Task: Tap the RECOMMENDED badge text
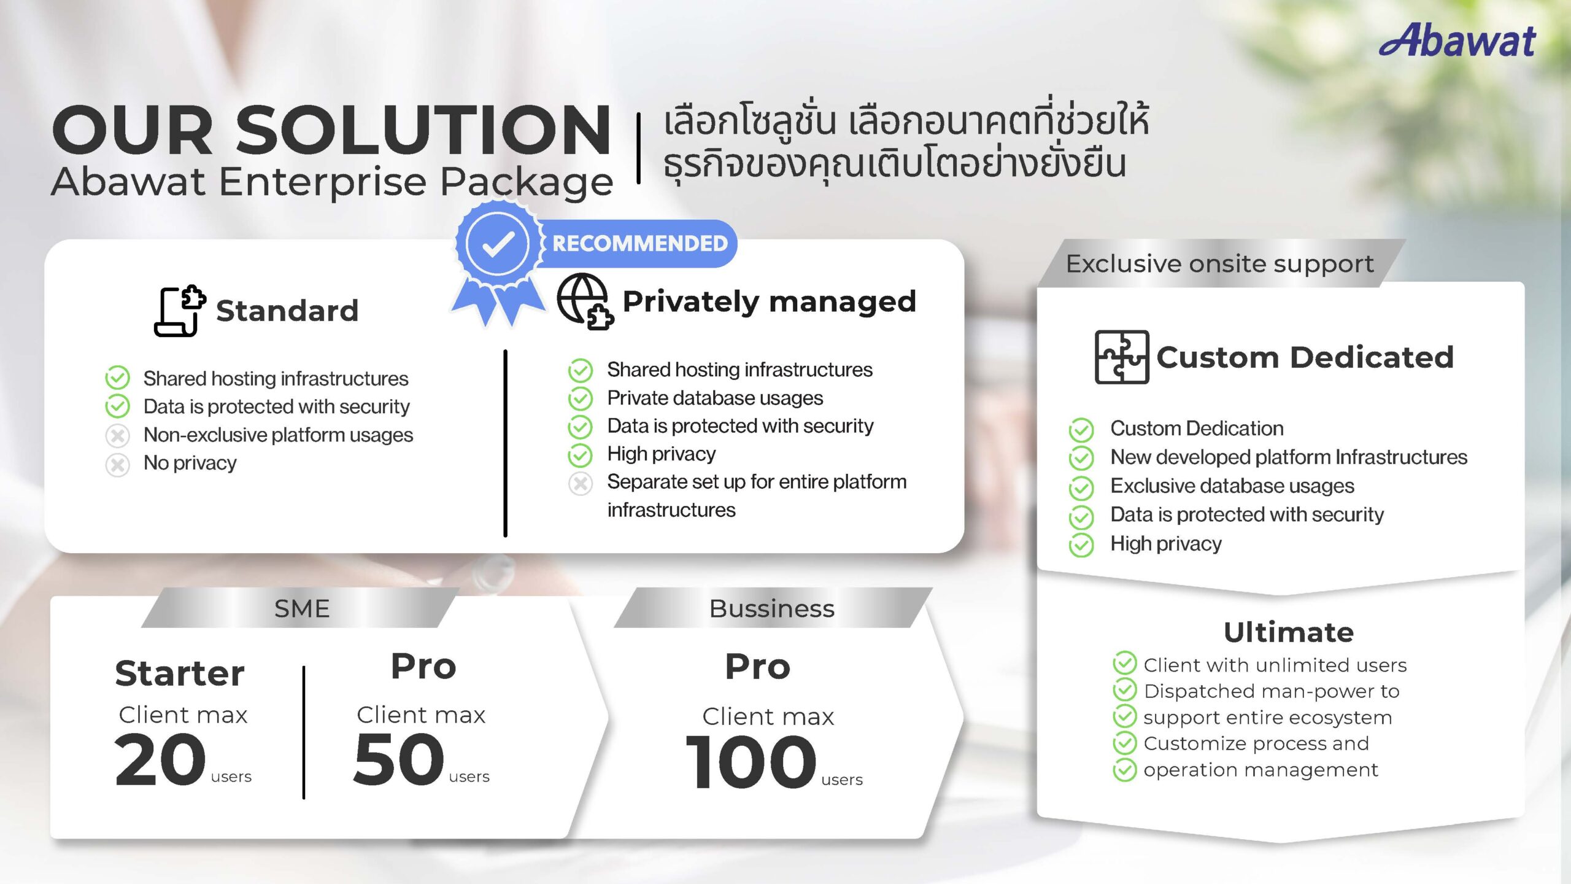click(x=639, y=243)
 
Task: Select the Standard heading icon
click(x=179, y=311)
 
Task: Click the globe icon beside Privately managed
click(x=585, y=301)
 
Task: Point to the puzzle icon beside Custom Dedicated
click(x=1122, y=357)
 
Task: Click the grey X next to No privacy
click(x=117, y=464)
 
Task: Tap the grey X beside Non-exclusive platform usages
click(x=117, y=436)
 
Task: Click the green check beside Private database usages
click(x=580, y=399)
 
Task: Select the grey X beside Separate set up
click(x=580, y=483)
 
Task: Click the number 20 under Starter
click(x=160, y=760)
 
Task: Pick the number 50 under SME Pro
click(x=399, y=760)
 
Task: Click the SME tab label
click(x=302, y=608)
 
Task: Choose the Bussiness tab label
click(x=772, y=608)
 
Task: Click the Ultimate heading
click(x=1289, y=632)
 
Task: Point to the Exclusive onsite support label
click(x=1219, y=264)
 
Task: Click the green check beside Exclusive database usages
click(x=1081, y=487)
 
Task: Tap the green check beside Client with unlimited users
click(x=1124, y=664)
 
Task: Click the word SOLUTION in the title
click(x=423, y=130)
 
